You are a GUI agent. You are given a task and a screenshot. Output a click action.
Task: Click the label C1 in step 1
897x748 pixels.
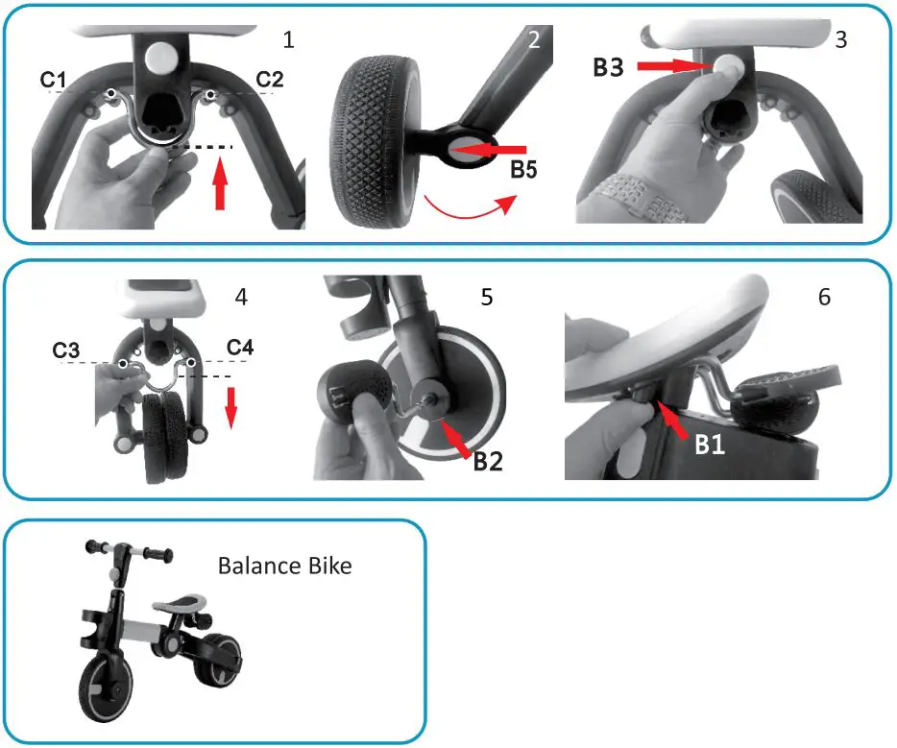(54, 80)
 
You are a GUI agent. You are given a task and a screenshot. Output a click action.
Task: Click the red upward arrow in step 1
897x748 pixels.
(220, 188)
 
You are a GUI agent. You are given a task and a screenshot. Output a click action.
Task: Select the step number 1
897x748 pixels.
(288, 39)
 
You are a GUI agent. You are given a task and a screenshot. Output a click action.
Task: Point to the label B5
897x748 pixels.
(524, 171)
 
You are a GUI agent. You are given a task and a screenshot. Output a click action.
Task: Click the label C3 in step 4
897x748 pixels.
(66, 350)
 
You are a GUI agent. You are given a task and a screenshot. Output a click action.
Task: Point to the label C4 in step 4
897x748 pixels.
(240, 347)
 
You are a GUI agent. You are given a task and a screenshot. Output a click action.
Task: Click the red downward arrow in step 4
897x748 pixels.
(230, 411)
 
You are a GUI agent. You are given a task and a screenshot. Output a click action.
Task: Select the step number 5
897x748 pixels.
(487, 297)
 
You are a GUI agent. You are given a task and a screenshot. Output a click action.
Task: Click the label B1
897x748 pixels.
(712, 446)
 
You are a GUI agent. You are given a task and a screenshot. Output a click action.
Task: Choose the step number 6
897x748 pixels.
(823, 297)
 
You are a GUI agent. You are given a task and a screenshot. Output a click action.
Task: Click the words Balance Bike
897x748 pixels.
(284, 565)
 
